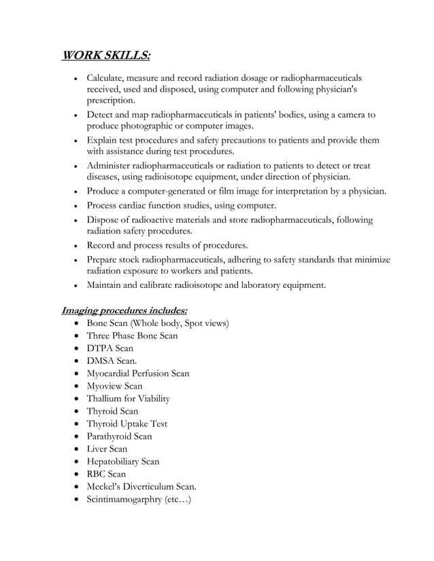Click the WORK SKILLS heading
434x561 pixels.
[x=106, y=54]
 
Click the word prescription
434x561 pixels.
[x=110, y=101]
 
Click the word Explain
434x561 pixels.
[x=103, y=140]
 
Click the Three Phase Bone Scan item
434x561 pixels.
[x=132, y=336]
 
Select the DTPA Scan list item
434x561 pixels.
[x=110, y=348]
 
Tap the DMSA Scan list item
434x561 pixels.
[x=112, y=361]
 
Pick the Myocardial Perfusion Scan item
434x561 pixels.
[x=137, y=374]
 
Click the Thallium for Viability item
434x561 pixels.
[x=128, y=399]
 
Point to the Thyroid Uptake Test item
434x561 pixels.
[x=127, y=424]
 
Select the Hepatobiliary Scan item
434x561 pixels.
[x=122, y=462]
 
